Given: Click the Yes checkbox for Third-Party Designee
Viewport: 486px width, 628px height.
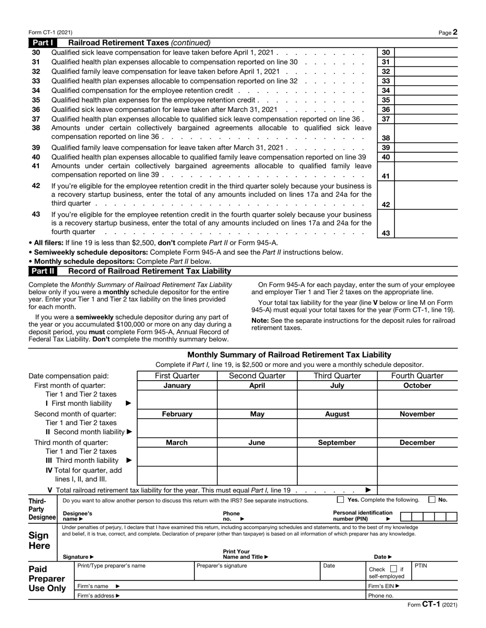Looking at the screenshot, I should coord(341,500).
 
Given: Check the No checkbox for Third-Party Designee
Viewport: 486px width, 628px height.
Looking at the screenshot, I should coord(432,500).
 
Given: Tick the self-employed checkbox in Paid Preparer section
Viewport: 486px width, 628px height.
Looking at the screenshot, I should coord(393,569).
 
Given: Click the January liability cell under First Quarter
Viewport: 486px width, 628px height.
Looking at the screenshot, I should coord(177,399).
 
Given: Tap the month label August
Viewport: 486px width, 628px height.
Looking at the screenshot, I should coord(337,414).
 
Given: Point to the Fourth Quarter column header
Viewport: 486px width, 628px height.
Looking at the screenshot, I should coord(417,376).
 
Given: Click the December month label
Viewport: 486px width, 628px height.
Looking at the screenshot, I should coord(417,443).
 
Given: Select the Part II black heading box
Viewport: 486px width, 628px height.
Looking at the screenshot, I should coord(43,271).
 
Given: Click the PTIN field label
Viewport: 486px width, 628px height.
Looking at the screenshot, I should coord(421,566).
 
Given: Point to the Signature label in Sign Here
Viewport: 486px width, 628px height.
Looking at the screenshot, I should coord(78,556).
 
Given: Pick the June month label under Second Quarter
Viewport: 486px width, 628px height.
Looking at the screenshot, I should coord(257,443).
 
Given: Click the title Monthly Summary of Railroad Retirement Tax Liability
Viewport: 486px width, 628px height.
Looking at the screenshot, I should coord(289,355).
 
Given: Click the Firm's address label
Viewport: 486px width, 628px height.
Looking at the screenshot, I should coord(99,595).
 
